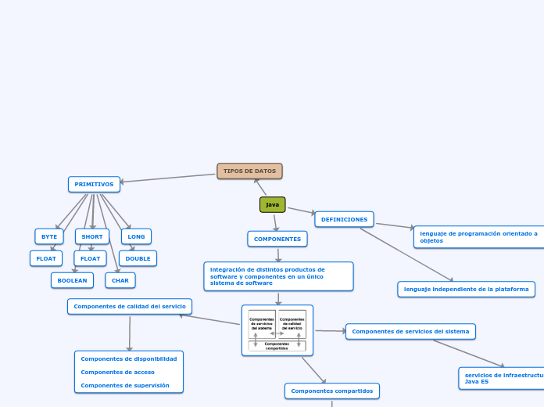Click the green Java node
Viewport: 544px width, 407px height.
[x=272, y=204]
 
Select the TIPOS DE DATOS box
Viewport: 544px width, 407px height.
[x=249, y=171]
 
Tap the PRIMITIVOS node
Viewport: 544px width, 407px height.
[x=94, y=184]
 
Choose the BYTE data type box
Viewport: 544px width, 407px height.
[x=49, y=236]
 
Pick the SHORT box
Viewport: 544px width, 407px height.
[x=92, y=236]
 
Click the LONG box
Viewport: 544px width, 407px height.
[x=136, y=236]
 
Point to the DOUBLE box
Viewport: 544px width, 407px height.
[x=138, y=258]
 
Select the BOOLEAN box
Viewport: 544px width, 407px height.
[x=72, y=280]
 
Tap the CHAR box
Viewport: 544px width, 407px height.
[x=120, y=280]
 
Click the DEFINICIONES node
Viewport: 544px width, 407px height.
[x=344, y=219]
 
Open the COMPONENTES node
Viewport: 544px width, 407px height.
[x=277, y=239]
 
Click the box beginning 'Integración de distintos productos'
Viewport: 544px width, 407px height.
[x=278, y=276]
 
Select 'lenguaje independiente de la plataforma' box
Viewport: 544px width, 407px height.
[x=466, y=290]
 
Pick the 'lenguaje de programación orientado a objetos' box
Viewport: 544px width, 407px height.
[x=479, y=237]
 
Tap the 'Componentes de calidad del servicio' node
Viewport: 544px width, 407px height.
[x=130, y=306]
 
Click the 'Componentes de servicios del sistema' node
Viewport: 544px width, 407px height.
[x=410, y=331]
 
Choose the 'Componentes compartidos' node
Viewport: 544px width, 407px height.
[x=331, y=391]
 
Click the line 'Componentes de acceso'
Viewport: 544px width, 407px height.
[x=117, y=372]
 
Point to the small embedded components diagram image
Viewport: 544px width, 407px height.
[x=277, y=330]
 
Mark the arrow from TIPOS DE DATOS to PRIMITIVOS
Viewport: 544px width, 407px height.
[x=168, y=178]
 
